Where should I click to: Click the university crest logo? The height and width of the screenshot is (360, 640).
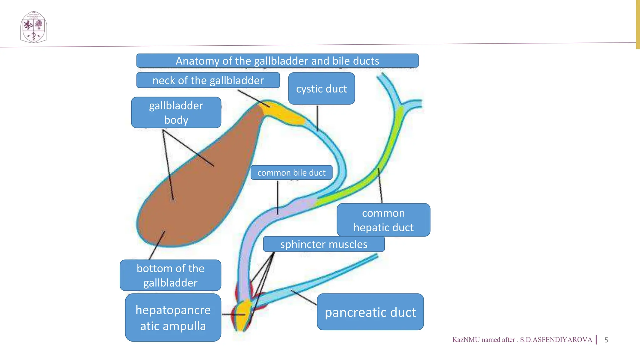coord(33,27)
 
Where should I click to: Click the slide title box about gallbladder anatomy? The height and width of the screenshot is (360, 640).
coord(277,61)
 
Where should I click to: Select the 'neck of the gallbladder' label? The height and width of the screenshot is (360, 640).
coord(208,80)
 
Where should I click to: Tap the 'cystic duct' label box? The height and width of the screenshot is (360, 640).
coord(321,89)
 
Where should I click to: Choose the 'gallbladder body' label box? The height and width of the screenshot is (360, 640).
coord(176,112)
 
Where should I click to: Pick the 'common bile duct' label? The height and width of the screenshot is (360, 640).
coord(291,172)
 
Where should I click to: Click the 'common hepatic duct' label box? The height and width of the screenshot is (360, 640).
coord(383,220)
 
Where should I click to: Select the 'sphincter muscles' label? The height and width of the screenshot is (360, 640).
coord(324,244)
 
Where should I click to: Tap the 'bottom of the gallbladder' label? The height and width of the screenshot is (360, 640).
coord(170,275)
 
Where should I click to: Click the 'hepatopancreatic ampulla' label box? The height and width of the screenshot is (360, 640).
coord(173,317)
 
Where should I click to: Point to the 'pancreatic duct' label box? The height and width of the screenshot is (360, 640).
coord(370,312)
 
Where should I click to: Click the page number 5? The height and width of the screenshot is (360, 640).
coord(606,340)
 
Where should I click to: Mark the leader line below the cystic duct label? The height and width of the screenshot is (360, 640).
coord(317,118)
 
